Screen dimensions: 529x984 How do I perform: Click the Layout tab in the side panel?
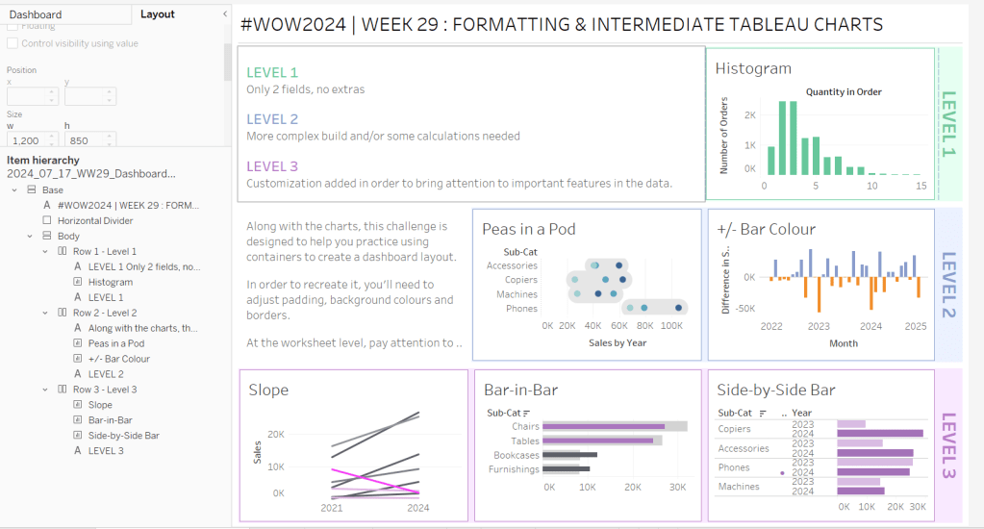click(158, 14)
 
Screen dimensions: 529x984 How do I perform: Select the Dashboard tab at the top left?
click(36, 14)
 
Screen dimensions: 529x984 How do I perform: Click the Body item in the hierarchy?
click(68, 236)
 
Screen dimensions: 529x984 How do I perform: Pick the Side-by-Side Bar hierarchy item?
click(123, 436)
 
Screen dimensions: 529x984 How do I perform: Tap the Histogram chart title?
click(753, 68)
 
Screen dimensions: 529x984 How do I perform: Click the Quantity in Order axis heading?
click(844, 92)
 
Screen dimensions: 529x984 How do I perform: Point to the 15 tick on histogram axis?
click(921, 186)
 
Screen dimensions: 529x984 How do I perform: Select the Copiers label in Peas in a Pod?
click(520, 280)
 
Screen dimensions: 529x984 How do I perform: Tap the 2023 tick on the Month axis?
click(819, 326)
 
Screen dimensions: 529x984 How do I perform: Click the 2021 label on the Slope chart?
click(332, 507)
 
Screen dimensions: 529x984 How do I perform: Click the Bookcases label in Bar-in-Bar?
click(516, 455)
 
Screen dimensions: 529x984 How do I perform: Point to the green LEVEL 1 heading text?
click(272, 72)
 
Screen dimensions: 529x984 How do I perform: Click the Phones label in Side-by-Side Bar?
click(734, 467)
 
